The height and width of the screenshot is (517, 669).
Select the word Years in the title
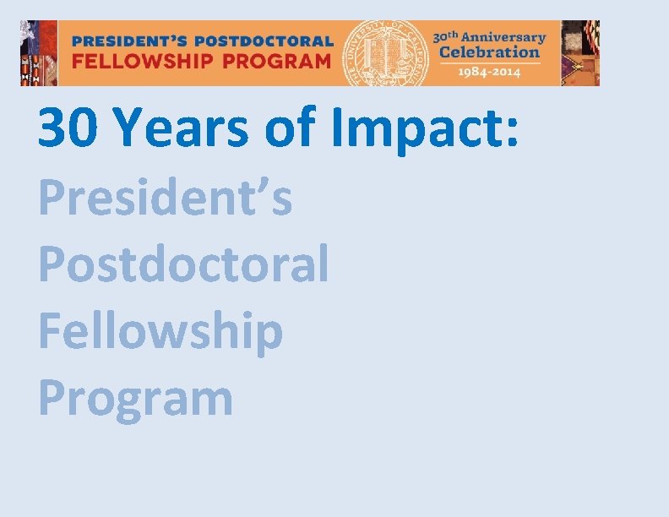coord(180,128)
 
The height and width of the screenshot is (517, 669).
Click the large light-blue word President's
coord(166,198)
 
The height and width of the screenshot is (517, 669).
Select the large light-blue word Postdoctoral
coord(183,264)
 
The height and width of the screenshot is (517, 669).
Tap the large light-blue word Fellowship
coord(160,331)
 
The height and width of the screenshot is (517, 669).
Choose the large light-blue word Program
coord(136,399)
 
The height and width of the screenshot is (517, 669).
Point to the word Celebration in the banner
coord(488,52)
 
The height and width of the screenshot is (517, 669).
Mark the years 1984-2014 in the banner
coord(489,71)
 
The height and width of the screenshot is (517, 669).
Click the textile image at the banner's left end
coord(39,52)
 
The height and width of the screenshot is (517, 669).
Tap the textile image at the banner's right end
coord(580,52)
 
